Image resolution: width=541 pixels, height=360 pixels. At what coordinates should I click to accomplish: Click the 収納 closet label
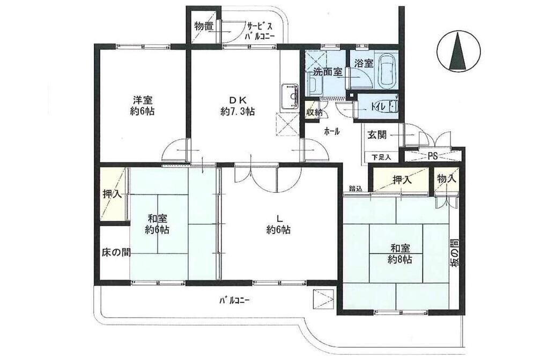click(x=314, y=112)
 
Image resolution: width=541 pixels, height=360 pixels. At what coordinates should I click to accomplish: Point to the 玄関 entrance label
click(x=377, y=135)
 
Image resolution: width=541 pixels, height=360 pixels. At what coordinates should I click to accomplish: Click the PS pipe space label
click(x=433, y=156)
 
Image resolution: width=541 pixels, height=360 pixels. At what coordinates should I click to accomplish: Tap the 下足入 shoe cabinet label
click(x=382, y=157)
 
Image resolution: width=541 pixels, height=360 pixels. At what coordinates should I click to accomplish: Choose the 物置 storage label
click(x=204, y=26)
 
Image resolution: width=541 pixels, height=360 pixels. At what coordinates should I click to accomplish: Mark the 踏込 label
click(x=355, y=188)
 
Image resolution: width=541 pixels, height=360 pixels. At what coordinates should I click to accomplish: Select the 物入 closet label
click(x=446, y=179)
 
